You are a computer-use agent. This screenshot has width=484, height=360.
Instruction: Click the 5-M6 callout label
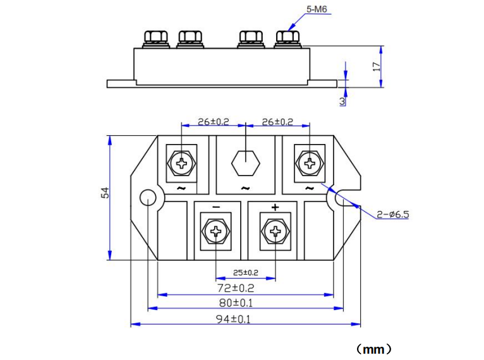[317, 10]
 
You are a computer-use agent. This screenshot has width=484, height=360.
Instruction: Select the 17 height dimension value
[377, 66]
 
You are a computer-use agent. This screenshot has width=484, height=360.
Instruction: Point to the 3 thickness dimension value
[342, 100]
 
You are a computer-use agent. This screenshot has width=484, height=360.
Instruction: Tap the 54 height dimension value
[106, 192]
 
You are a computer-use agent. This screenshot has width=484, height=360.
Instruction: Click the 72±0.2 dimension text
[245, 288]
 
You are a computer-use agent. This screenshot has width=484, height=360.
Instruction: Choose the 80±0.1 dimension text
[245, 303]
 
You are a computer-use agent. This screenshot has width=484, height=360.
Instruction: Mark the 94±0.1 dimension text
[245, 318]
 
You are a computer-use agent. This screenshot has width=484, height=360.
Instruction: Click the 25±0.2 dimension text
[246, 273]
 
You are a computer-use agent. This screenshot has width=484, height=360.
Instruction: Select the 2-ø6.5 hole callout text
[393, 215]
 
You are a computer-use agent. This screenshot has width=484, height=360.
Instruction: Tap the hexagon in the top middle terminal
[245, 164]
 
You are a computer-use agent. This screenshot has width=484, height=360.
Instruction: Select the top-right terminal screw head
[310, 164]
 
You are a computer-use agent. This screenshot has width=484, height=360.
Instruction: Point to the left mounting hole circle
[147, 198]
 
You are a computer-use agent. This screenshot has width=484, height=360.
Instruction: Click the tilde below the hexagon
[245, 188]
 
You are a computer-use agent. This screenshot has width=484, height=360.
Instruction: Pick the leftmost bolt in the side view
[155, 38]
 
